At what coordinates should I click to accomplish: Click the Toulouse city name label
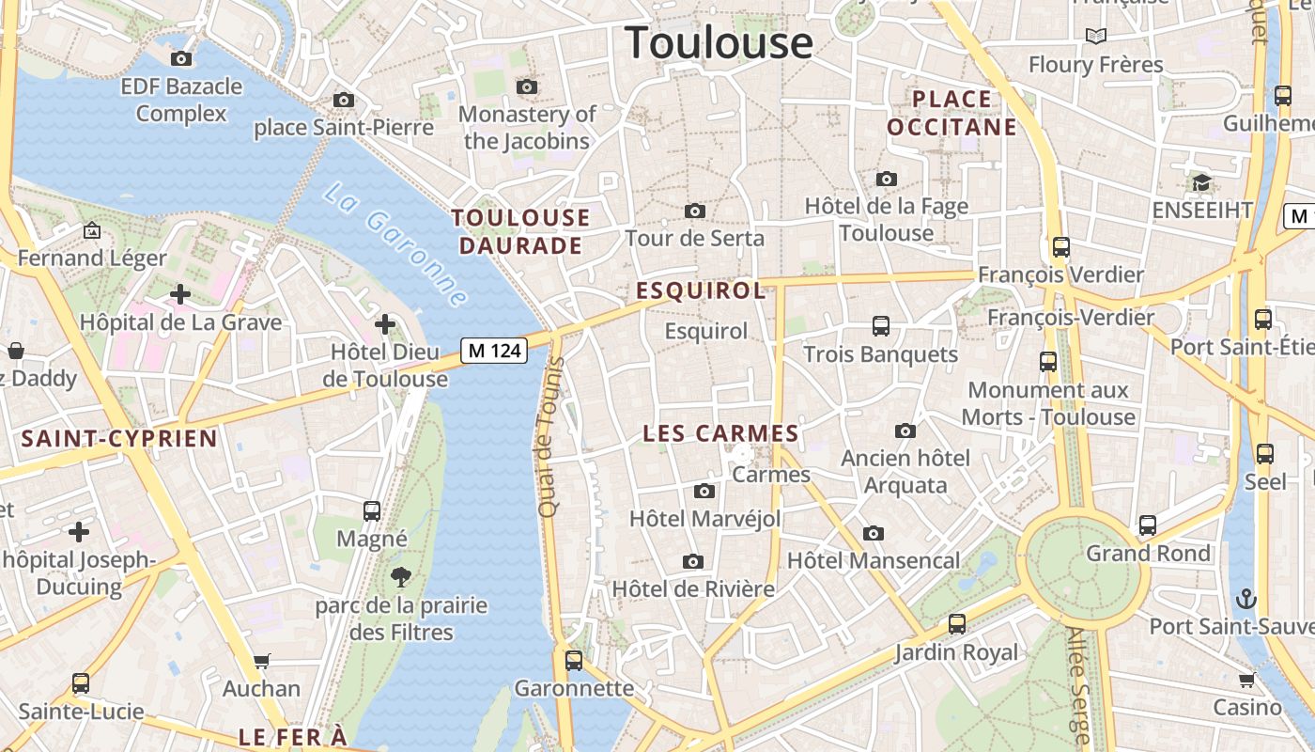coord(719,43)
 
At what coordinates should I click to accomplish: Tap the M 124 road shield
coord(494,351)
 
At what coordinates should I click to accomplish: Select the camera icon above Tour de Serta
coord(695,211)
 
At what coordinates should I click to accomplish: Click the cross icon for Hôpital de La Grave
coord(179,294)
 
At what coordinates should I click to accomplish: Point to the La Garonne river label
coord(395,245)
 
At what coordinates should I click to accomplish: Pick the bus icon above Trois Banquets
coord(880,326)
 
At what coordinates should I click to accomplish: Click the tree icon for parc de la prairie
coord(401,577)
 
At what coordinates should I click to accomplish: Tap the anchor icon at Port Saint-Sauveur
coord(1245,598)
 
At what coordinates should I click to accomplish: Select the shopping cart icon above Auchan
coord(262,661)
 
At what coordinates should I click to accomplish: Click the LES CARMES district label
coord(720,433)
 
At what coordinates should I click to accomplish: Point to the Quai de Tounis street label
coord(549,437)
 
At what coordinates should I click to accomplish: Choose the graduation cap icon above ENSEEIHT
coord(1201,182)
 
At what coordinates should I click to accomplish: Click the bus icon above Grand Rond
coord(1147,525)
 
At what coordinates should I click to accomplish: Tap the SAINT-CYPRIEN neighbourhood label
coord(119,438)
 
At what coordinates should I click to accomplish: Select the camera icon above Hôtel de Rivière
coord(693,561)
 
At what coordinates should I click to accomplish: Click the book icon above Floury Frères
coord(1095,37)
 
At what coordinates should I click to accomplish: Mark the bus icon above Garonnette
coord(574,660)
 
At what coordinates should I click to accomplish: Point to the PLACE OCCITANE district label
coord(951,113)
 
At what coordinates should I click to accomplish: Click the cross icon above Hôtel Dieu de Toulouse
coord(385,324)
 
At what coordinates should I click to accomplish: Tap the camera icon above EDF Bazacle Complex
coord(181,58)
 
